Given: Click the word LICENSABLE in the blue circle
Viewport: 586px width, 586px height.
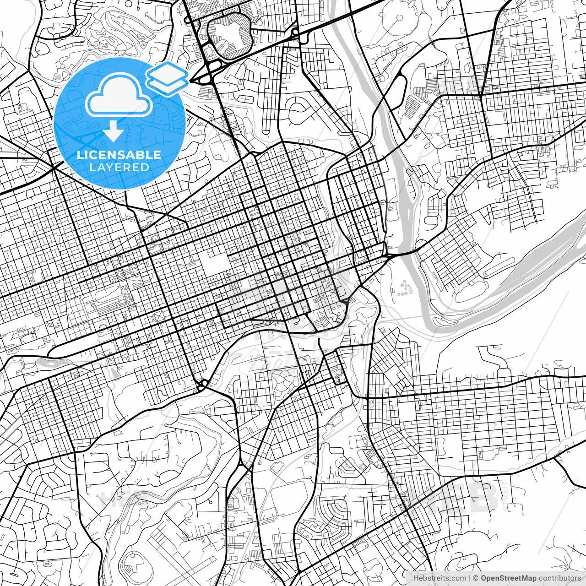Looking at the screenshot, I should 119,155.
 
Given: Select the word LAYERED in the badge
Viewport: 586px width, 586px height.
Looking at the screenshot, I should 119,167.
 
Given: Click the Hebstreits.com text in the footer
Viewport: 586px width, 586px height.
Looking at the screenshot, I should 439,578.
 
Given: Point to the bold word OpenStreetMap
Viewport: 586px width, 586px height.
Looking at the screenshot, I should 509,578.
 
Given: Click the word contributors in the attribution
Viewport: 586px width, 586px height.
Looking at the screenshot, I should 559,578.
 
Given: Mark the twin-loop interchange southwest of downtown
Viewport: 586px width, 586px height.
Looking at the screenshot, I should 202,384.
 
